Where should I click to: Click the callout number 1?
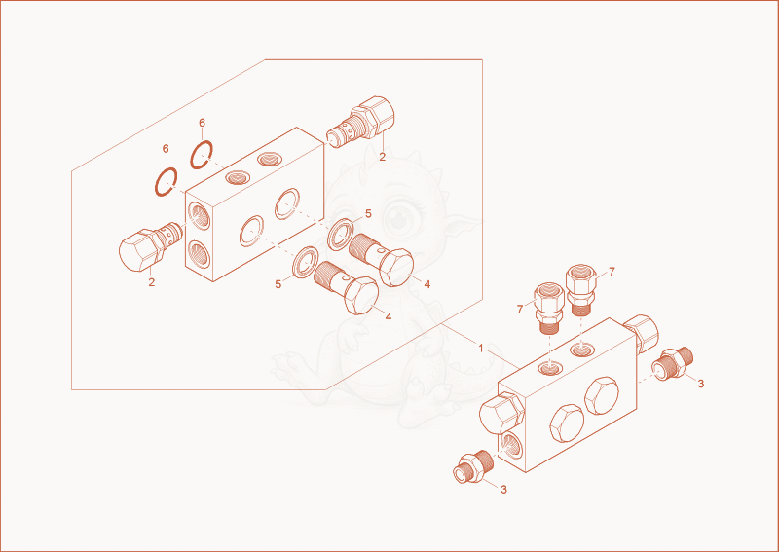pos(480,349)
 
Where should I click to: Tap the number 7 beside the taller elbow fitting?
pos(612,272)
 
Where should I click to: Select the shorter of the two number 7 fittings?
pos(549,308)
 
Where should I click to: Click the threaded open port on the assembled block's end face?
pos(511,446)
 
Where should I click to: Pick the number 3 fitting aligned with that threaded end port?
pos(474,467)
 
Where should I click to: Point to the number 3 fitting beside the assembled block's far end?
pos(673,364)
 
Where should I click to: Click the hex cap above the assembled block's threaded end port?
pos(501,412)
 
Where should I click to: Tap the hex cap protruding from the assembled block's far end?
pos(641,332)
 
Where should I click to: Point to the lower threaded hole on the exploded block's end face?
pos(200,254)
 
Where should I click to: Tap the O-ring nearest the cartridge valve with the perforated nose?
pos(202,154)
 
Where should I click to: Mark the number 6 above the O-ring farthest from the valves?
pos(166,149)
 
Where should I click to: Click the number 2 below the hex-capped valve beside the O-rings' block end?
pos(152,282)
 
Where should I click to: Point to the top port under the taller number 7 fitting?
pos(580,349)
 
